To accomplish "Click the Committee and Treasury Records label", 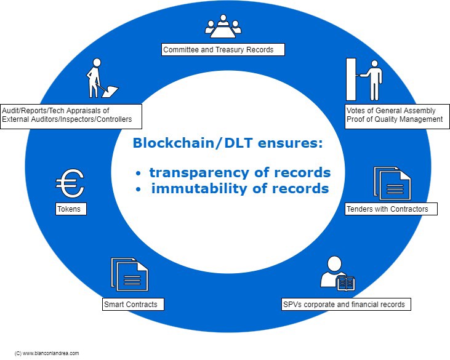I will [223, 49].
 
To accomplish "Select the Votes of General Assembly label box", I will [394, 115].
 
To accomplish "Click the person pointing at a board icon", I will [364, 79].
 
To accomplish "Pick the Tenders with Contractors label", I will [391, 209].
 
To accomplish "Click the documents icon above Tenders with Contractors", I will [392, 183].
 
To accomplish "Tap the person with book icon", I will [337, 272].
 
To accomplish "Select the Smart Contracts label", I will [133, 304].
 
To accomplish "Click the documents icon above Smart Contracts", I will [129, 275].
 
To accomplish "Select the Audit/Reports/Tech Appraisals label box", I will [71, 115].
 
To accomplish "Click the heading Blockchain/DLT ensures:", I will [228, 143].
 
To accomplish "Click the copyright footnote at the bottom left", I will [47, 353].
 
